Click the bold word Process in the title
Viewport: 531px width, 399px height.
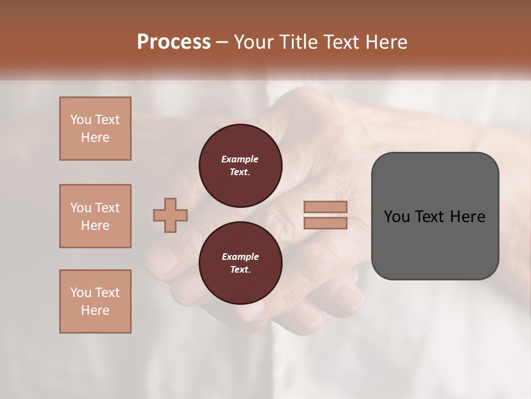174,42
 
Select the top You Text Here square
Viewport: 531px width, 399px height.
95,129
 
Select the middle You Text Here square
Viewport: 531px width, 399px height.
95,216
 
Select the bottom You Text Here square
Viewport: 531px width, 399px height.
95,301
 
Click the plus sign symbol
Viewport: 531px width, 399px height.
170,215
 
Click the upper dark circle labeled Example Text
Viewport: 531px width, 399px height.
240,166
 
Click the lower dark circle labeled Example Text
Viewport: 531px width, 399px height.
240,263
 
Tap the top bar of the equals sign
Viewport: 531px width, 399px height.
325,207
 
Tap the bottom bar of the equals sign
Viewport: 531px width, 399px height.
325,223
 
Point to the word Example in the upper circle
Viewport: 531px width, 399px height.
240,159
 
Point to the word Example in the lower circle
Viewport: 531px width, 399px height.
240,257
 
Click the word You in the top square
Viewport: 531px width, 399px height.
81,120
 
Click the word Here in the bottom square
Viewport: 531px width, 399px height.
95,310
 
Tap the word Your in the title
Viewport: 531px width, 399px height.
254,42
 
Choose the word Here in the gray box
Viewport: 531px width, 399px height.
468,217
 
